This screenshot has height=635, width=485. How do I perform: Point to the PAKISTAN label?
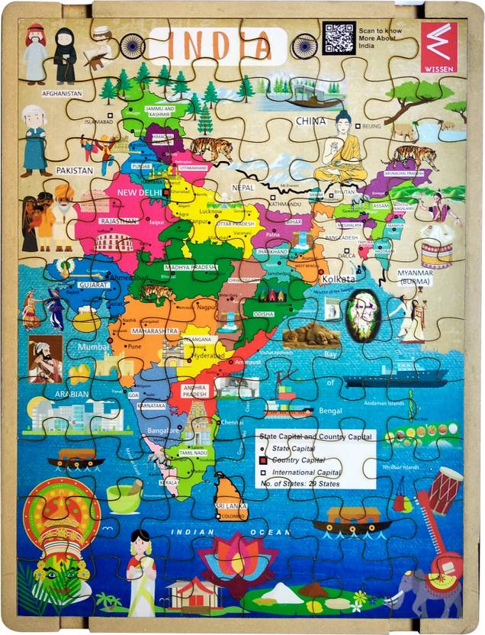pos(73,169)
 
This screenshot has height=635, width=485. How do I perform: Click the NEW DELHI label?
pos(139,194)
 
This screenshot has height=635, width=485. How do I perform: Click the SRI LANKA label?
pos(230,505)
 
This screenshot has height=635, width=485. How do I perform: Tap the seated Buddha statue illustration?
pos(342,149)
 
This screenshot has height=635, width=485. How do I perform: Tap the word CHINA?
pos(310,121)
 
